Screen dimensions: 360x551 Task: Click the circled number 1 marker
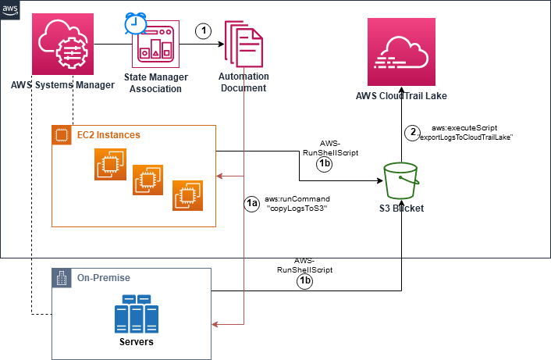pyautogui.click(x=203, y=31)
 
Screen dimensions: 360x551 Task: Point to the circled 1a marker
pyautogui.click(x=251, y=205)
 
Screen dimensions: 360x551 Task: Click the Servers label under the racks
pyautogui.click(x=131, y=342)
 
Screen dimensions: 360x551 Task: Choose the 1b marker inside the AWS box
pyautogui.click(x=325, y=165)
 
